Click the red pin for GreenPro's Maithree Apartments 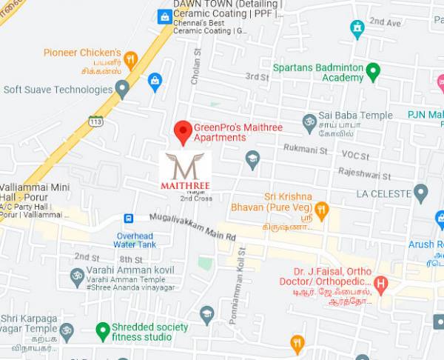pos(183,132)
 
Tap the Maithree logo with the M pos(185,170)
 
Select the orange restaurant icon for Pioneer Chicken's pos(131,59)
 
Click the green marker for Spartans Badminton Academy pos(373,72)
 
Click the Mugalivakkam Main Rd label pos(192,227)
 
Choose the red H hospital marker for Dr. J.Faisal pos(380,282)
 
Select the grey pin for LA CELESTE pos(421,193)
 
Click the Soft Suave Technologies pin pos(123,90)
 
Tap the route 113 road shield pos(95,121)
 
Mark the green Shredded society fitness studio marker pos(103,330)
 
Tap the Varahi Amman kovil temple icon pos(75,277)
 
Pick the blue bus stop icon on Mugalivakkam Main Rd pos(129,219)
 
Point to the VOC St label pos(354,155)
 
